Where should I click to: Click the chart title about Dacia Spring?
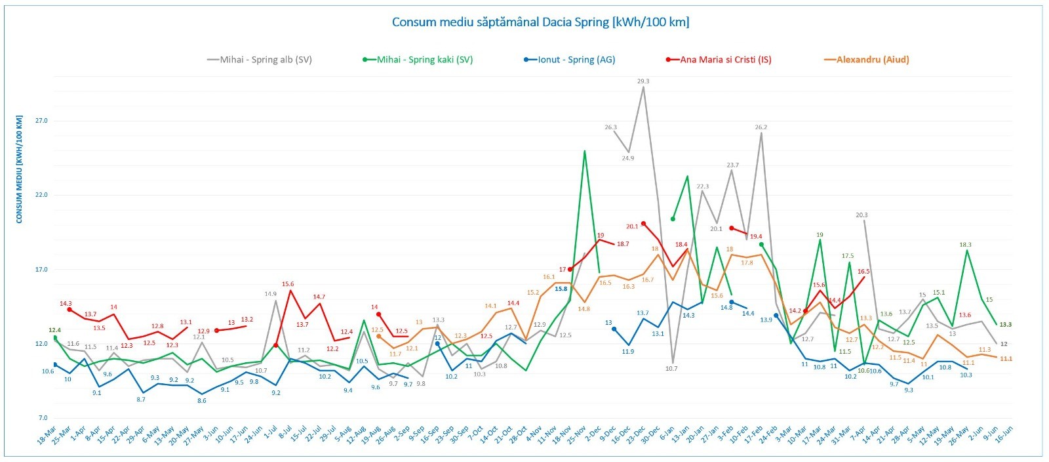click(540, 22)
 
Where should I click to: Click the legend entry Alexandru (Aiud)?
click(872, 60)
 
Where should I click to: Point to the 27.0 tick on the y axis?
click(41, 121)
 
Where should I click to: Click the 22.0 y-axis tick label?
click(41, 195)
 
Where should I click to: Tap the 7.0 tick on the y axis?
click(43, 418)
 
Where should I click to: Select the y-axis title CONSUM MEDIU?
click(20, 169)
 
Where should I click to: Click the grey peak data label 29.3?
click(643, 81)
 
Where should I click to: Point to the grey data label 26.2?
click(761, 127)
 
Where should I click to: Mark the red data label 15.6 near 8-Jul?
click(288, 284)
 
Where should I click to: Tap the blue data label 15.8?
click(561, 289)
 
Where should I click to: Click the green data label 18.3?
click(965, 245)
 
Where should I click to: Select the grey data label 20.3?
click(861, 215)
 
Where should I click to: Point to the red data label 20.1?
click(631, 227)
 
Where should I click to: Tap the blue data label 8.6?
click(202, 400)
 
